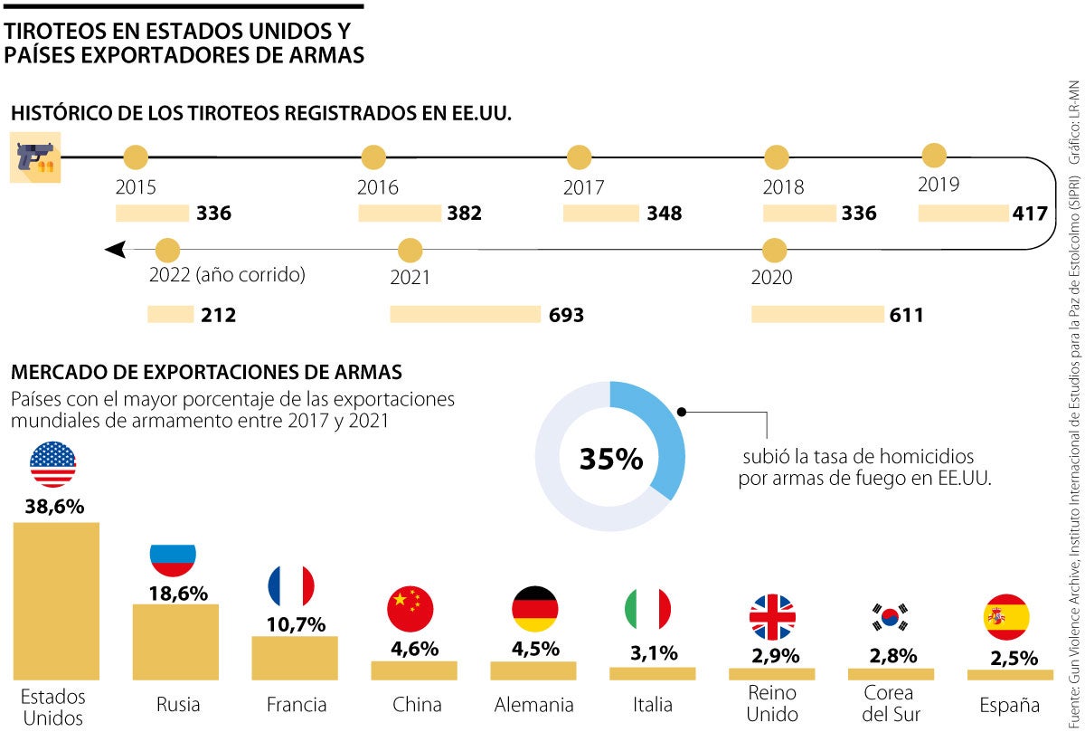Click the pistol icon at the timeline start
coord(35,157)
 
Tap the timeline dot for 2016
coord(373,157)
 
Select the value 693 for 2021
coord(566,315)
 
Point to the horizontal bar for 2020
coord(816,314)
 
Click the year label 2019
coord(939,185)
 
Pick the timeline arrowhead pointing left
coord(115,249)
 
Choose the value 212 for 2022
coord(219,315)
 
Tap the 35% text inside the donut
coord(611,459)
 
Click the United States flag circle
coord(52,465)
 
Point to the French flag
coord(291,586)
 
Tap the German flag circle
coord(534,609)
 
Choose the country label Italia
coord(653,705)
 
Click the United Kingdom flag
coord(771,618)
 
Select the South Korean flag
coord(891,618)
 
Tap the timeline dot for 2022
coord(168,250)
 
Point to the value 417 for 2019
coord(1030,214)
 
